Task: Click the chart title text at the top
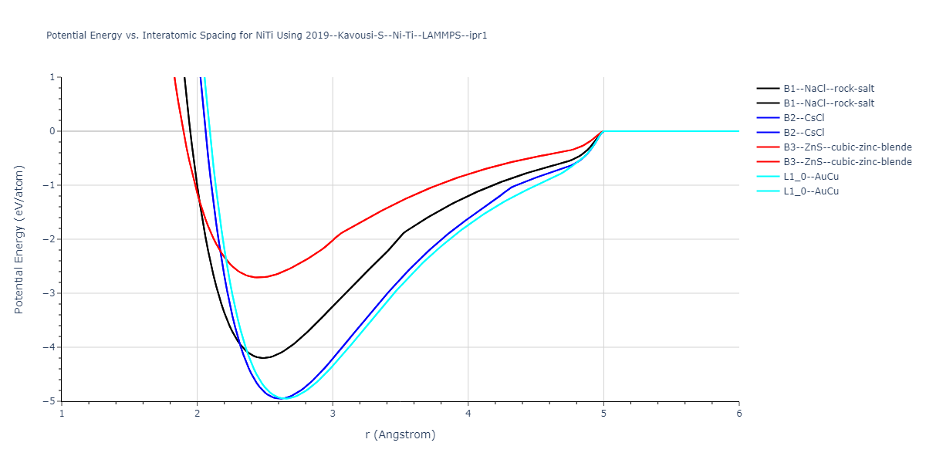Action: coord(266,35)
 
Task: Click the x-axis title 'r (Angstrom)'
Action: coord(400,434)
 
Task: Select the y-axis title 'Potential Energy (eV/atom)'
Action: coord(19,239)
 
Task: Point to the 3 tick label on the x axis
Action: coord(333,413)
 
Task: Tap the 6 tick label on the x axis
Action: coord(738,413)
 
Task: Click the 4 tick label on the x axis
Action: coord(468,413)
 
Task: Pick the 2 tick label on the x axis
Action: coord(198,413)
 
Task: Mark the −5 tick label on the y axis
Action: coord(51,401)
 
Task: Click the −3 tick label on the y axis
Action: coord(51,293)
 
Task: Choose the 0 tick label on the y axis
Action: coord(53,131)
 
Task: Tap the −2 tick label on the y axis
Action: coord(51,239)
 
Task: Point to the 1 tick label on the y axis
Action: coord(53,77)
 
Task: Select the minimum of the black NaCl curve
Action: coord(263,358)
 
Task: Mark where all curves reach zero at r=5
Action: coord(603,131)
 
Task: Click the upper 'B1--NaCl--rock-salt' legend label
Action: coord(829,89)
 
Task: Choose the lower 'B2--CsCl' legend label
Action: coord(803,133)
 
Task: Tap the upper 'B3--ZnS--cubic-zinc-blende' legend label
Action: coord(847,147)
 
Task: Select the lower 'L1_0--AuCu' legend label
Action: coord(811,191)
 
